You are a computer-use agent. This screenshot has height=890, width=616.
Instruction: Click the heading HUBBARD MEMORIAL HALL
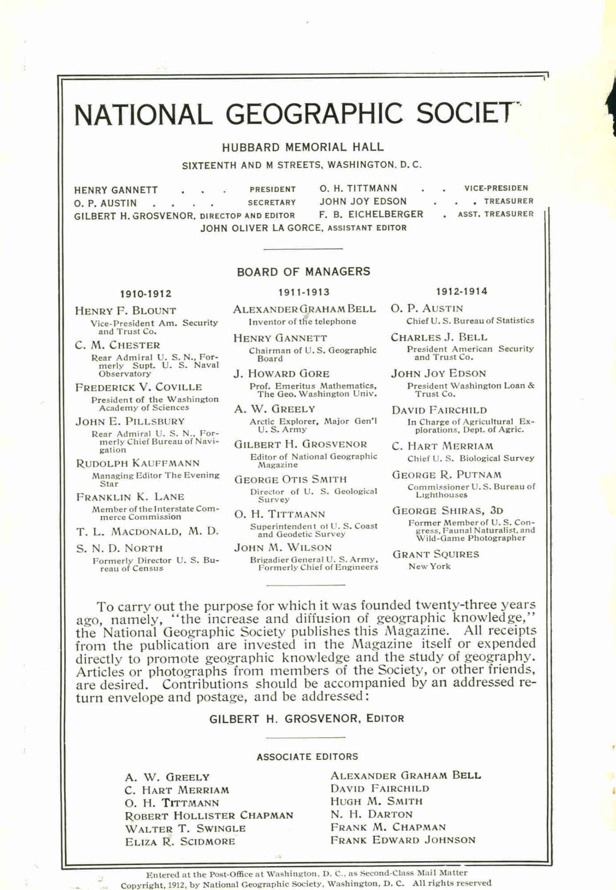coord(303,147)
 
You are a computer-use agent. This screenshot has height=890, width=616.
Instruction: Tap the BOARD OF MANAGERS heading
coord(303,272)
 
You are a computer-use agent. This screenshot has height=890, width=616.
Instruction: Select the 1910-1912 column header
coord(146,294)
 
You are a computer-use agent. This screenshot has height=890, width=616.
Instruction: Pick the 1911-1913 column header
coord(304,292)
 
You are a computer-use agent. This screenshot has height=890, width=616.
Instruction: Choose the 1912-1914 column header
coord(462,291)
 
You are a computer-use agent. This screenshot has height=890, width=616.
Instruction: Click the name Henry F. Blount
coord(125,311)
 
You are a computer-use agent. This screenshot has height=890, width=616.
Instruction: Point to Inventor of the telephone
coord(302,322)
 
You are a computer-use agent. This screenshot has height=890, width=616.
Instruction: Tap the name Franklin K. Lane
coord(130,497)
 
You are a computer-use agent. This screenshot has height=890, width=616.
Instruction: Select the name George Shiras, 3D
coord(448,510)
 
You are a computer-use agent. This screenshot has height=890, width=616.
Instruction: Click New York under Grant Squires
coord(429,566)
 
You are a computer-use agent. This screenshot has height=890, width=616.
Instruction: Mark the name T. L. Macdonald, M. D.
coord(147,531)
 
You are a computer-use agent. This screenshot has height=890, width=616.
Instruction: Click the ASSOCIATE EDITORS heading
coord(307,757)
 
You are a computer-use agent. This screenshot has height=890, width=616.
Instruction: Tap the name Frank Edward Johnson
coord(403,840)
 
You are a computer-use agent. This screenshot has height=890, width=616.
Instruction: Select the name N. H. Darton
coord(371,814)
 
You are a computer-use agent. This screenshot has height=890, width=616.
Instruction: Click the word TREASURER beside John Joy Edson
coord(509,201)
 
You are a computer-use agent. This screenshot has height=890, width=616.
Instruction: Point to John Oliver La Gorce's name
coord(261,228)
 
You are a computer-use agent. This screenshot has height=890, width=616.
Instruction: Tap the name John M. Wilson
coord(283,548)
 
